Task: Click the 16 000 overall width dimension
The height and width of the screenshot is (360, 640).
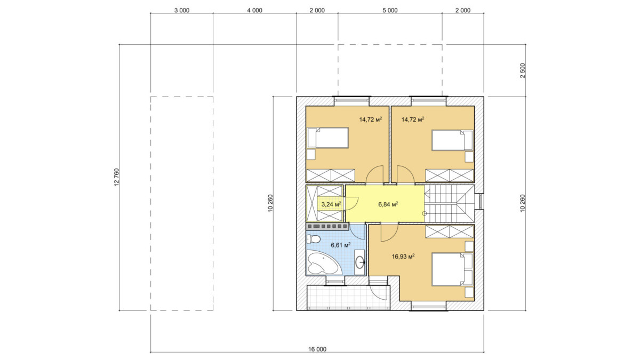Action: tap(317, 349)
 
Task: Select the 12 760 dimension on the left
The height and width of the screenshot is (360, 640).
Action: tap(116, 178)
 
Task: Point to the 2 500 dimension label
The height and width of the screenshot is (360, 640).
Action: tap(523, 70)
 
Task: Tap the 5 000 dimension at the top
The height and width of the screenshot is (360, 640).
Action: tap(390, 11)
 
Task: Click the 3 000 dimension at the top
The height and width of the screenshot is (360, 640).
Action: tap(182, 11)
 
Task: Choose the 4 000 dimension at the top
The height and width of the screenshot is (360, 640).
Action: tap(254, 11)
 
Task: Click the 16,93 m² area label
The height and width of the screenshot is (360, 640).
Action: tap(403, 257)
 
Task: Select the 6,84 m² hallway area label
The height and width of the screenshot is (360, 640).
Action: tap(388, 204)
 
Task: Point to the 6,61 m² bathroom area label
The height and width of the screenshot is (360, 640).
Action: tap(341, 245)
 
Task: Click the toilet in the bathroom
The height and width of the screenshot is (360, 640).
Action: tap(314, 239)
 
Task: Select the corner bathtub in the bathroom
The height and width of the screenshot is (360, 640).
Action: tap(324, 263)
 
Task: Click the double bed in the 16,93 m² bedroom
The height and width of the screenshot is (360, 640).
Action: tap(452, 269)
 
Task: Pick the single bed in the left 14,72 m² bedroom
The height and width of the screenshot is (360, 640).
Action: tap(327, 138)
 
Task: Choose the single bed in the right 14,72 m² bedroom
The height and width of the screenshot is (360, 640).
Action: tap(452, 140)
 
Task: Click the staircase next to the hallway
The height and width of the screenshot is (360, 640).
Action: tap(449, 203)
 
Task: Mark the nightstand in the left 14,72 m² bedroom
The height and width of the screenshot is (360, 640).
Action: tap(311, 155)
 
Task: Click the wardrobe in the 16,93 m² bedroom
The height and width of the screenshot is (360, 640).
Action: tap(450, 231)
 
